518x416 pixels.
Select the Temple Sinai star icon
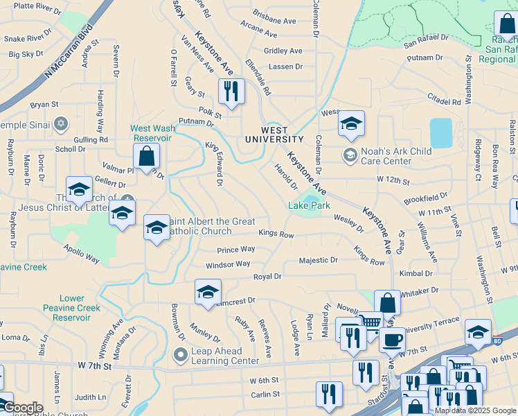[60, 124]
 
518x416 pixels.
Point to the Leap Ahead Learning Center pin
[181, 356]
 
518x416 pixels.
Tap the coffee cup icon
[392, 340]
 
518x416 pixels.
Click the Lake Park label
[309, 206]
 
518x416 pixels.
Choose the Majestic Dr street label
[318, 261]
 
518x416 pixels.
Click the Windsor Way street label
[228, 264]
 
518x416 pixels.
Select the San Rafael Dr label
[426, 42]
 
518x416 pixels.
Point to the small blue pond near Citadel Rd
[440, 132]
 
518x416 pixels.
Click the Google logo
[22, 408]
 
